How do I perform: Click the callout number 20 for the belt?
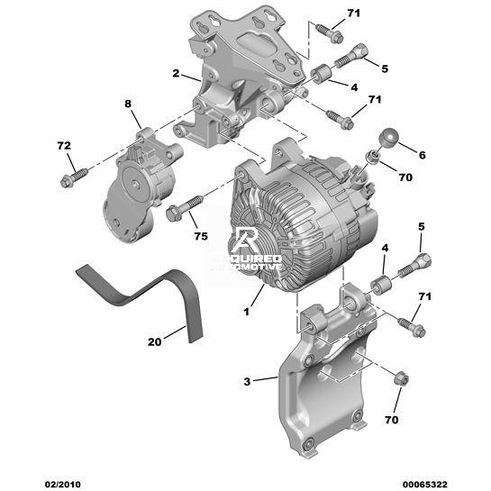tap(154, 342)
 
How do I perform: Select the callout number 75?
tap(201, 236)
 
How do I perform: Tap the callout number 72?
tap(64, 146)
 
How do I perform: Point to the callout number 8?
tap(128, 104)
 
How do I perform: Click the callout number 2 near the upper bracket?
tap(176, 73)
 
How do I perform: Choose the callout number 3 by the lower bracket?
tap(247, 381)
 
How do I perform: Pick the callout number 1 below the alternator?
tap(247, 312)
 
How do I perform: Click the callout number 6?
tap(423, 155)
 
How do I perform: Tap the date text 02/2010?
tap(63, 485)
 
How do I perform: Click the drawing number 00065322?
tap(425, 485)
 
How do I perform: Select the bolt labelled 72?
tap(74, 177)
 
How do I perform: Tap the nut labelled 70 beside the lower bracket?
tap(401, 379)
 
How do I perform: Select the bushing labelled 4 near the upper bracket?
tap(322, 74)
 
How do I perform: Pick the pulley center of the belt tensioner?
tap(136, 184)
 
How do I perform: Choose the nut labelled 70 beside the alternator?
tap(373, 156)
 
